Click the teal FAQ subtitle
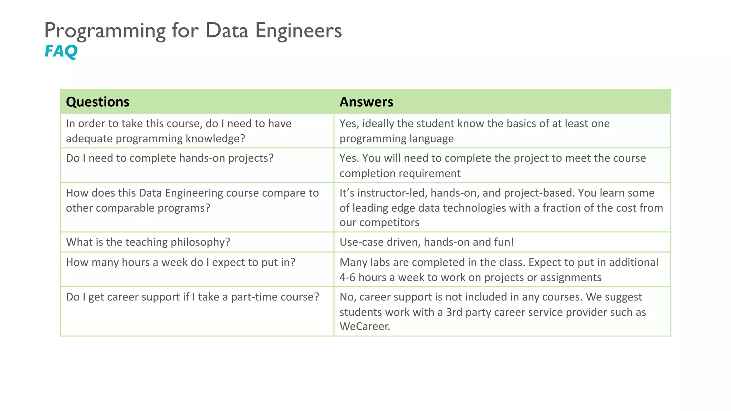pyautogui.click(x=61, y=51)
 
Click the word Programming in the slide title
pyautogui.click(x=105, y=31)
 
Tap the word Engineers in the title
pyautogui.click(x=298, y=31)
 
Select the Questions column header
pyautogui.click(x=97, y=102)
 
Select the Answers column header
pyautogui.click(x=366, y=102)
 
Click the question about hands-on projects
pyautogui.click(x=170, y=158)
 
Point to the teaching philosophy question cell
pyautogui.click(x=148, y=242)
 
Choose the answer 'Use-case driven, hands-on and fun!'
pyautogui.click(x=427, y=242)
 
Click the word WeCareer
pyautogui.click(x=364, y=326)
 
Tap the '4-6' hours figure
pyautogui.click(x=347, y=278)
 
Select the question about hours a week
pyautogui.click(x=181, y=263)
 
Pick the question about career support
pyautogui.click(x=192, y=297)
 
